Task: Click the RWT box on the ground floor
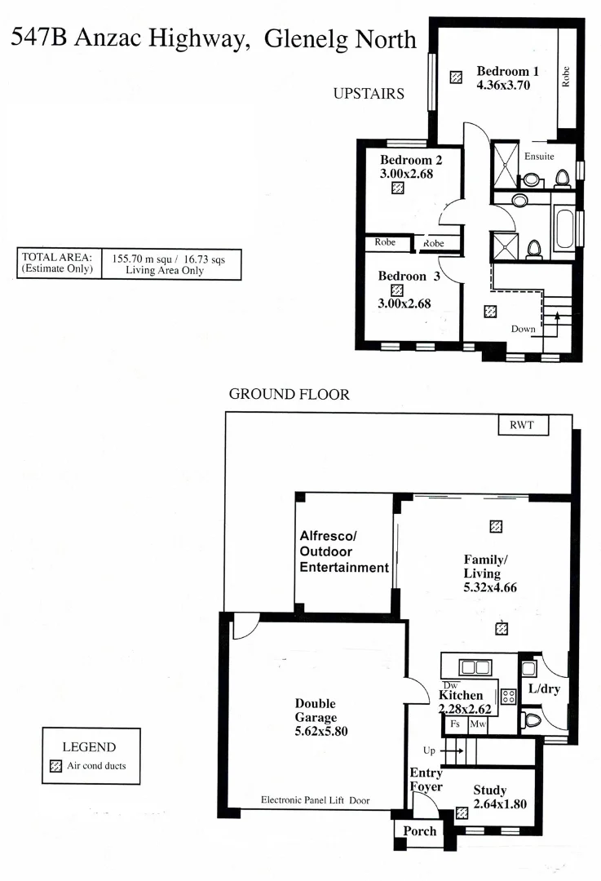[x=523, y=425]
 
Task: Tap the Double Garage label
[x=316, y=711]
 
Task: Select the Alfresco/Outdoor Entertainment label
[x=343, y=551]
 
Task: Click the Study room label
[x=489, y=790]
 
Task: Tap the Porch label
[x=417, y=831]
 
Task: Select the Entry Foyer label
[x=426, y=780]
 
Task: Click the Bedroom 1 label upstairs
[x=507, y=71]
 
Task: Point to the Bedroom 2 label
[x=411, y=160]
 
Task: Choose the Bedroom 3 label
[x=409, y=277]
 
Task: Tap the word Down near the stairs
[x=523, y=330]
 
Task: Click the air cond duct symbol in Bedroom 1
[x=457, y=77]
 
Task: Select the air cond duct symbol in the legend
[x=56, y=766]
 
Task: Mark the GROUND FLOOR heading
[x=289, y=395]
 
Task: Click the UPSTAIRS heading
[x=369, y=94]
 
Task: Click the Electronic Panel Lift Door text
[x=315, y=801]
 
